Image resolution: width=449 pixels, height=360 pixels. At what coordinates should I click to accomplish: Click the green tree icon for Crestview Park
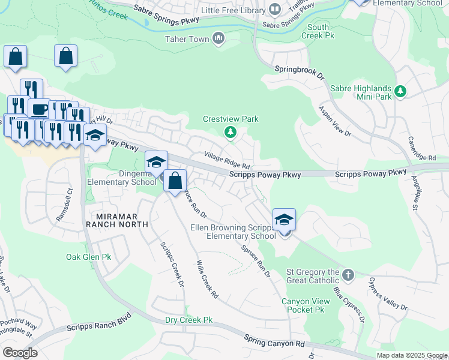229,133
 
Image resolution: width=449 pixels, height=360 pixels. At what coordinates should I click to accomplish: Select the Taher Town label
187,40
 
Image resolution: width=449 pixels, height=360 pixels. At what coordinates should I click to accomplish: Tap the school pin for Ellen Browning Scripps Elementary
284,220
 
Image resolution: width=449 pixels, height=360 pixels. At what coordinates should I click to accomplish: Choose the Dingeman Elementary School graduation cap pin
155,162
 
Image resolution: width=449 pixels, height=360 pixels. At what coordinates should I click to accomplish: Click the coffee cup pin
39,109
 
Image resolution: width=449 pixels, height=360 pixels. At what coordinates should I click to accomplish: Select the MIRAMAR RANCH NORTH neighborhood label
116,220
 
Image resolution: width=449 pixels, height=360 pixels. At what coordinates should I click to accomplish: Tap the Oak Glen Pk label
89,257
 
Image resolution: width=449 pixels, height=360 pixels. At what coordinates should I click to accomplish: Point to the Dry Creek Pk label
189,320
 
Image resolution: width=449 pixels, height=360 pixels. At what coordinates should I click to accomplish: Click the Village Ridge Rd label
226,160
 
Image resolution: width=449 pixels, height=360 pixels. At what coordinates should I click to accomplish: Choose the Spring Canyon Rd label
274,341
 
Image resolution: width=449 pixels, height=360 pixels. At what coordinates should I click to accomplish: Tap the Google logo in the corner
20,353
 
